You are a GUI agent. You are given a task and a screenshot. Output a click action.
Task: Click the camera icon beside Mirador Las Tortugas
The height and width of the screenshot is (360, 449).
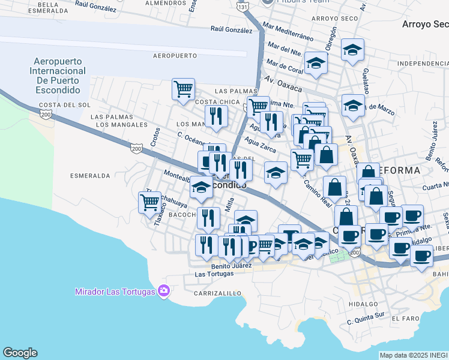(x=164, y=292)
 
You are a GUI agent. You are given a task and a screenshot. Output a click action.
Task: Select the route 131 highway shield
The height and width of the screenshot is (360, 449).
(x=242, y=7)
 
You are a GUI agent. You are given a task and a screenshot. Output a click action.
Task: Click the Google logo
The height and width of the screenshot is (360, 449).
(x=20, y=353)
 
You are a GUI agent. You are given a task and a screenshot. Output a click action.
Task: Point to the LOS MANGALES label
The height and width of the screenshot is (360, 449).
(x=121, y=125)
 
